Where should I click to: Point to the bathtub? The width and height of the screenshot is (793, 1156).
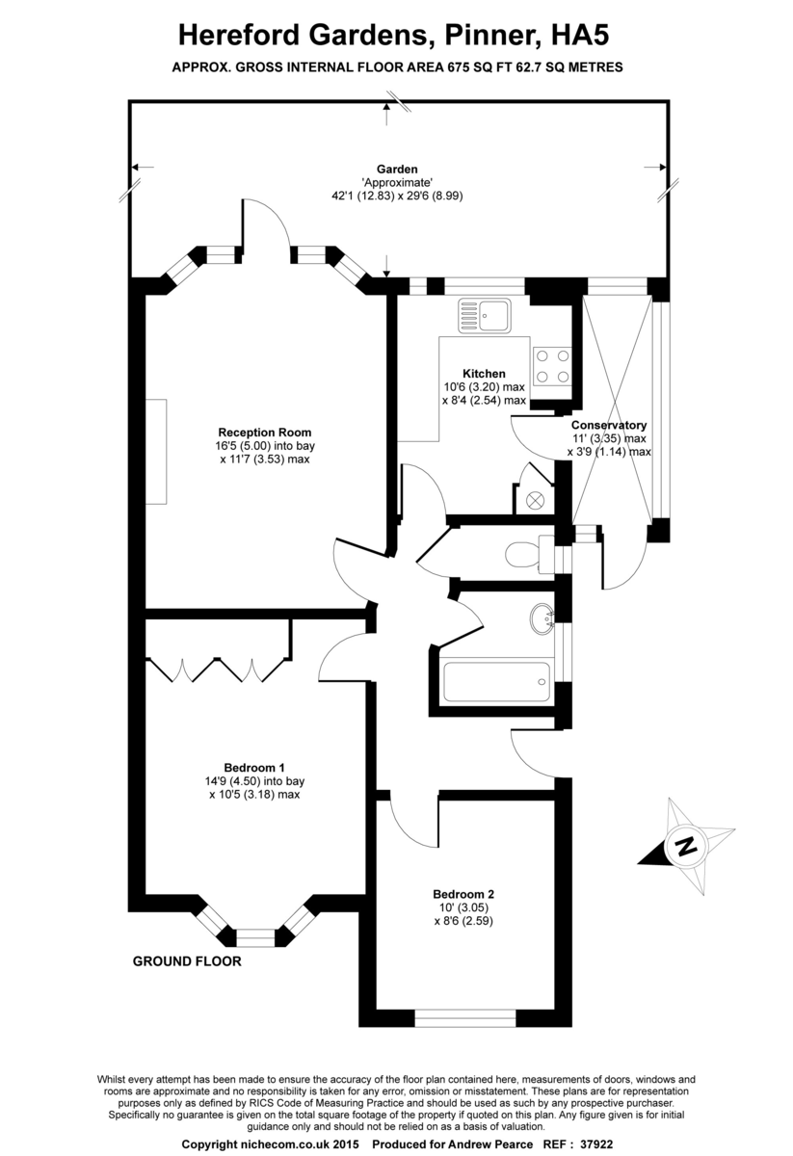coord(495,683)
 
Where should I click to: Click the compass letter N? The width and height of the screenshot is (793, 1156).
coord(685,847)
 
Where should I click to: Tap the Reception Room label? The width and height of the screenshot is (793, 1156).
coord(264,433)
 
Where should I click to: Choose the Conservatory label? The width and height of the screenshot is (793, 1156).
coord(609,425)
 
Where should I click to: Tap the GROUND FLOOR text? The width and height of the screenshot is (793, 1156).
coord(187,961)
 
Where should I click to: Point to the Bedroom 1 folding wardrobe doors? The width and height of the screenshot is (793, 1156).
coord(217,669)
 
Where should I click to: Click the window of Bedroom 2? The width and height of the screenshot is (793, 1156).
coord(464,1014)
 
